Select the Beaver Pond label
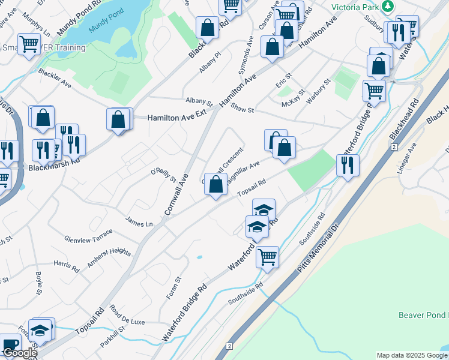coord(423,315)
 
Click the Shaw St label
coord(243,109)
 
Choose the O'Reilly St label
coord(163,175)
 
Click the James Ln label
coord(139,223)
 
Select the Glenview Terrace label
coord(88,235)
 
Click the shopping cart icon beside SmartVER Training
coord(29,44)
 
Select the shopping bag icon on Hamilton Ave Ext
coord(119,119)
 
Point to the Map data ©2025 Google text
coord(411,355)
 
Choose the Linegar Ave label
coord(412,158)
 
